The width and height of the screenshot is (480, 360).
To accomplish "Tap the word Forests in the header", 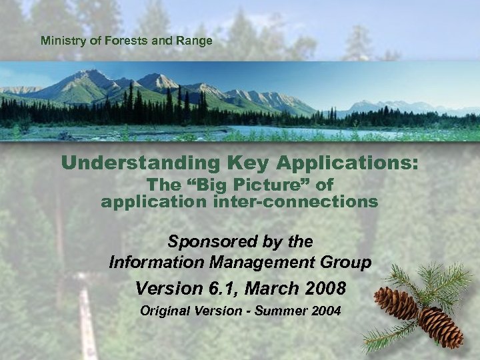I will click(123, 41).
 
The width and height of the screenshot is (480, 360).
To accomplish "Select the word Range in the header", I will click(197, 41).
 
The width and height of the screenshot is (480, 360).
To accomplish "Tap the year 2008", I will click(325, 289).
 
